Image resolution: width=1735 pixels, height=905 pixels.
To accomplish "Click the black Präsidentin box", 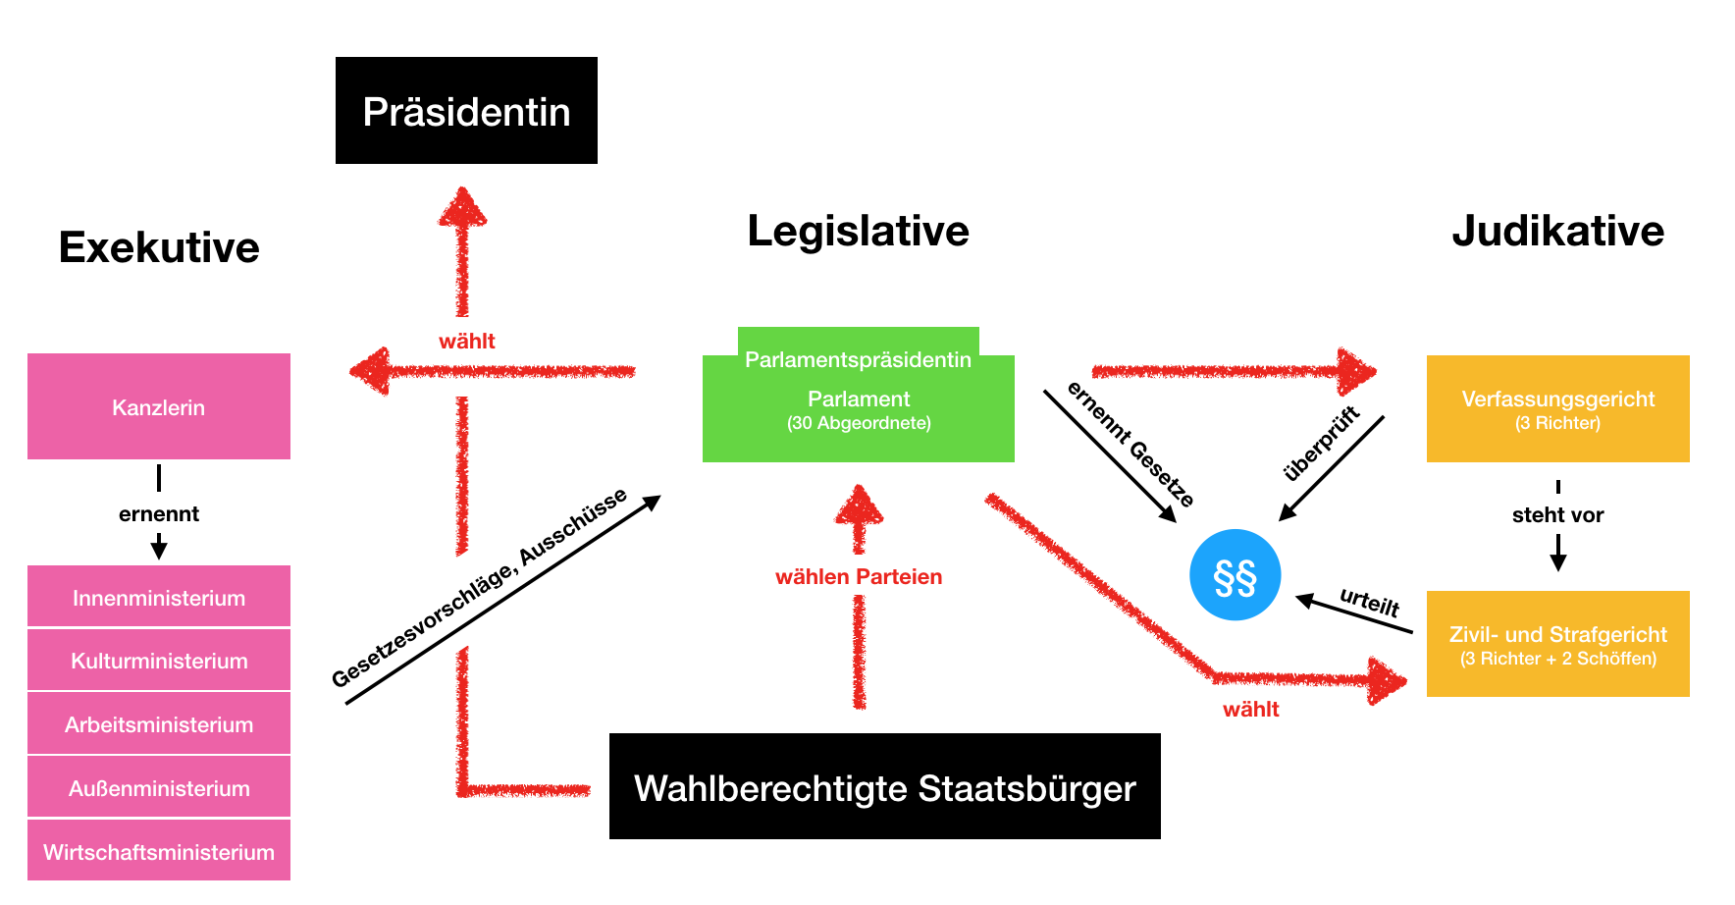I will pos(466,111).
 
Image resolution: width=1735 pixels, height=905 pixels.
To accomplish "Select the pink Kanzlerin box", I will pos(159,406).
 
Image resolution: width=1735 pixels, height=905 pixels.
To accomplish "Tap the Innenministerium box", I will pos(159,597).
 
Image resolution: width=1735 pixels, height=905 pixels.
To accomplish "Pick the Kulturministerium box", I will pos(159,661).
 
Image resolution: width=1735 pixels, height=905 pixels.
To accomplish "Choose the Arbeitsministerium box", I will pos(159,724).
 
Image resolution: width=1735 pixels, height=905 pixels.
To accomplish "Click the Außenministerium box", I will pos(159,787).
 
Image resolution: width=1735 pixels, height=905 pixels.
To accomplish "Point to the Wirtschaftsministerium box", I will pos(159,851).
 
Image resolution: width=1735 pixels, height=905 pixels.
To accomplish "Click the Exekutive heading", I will pos(159,247).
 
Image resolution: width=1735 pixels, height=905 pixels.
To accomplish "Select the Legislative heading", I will pos(858,232).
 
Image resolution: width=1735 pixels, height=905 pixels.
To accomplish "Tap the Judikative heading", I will pos(1557,232).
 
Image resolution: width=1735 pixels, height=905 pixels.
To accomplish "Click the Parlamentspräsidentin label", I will pos(858,359).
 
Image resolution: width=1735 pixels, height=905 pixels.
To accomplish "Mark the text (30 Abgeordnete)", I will pos(859,423).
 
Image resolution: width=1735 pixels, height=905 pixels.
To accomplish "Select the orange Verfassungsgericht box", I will pos(1557,408).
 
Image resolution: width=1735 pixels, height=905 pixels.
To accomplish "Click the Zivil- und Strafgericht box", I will pos(1557,644).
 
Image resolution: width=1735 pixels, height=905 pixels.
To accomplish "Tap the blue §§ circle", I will pos(1235,575).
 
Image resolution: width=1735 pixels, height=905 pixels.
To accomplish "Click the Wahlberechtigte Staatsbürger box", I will pos(884,787).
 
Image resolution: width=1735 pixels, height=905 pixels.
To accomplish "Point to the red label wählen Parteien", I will pos(858,577).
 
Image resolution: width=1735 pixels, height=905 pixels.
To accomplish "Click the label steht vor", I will pos(1557,515).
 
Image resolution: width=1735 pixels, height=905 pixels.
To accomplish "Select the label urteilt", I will pos(1369,602).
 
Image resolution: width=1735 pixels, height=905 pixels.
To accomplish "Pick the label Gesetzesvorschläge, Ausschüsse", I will pos(479,588).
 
